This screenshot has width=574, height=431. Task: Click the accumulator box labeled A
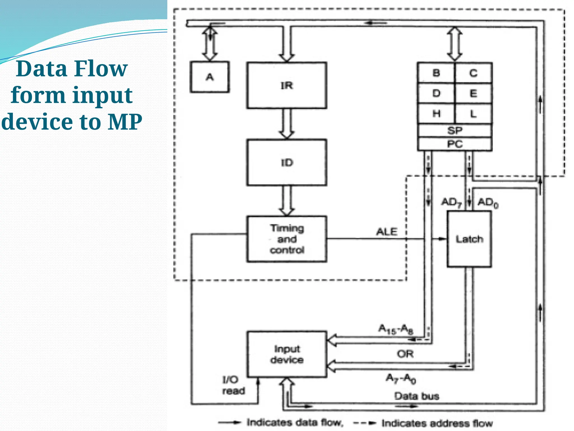click(x=210, y=77)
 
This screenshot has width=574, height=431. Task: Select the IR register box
click(x=286, y=85)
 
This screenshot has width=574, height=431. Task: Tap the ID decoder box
click(x=286, y=162)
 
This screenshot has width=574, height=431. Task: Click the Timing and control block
click(x=286, y=239)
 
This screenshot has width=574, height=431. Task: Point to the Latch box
click(x=469, y=239)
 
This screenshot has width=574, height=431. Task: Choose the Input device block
click(x=286, y=354)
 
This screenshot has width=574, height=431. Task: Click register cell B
click(x=436, y=73)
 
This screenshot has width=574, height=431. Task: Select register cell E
click(x=473, y=93)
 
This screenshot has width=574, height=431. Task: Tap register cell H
click(x=436, y=114)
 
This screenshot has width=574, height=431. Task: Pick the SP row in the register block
click(x=454, y=130)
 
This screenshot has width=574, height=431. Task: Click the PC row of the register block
click(x=454, y=144)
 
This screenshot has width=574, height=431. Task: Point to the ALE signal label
click(x=386, y=232)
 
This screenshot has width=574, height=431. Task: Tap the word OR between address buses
click(x=405, y=354)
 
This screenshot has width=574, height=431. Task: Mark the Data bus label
click(x=416, y=396)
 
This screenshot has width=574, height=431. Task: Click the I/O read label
click(x=233, y=385)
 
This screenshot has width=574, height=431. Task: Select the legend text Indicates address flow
click(x=437, y=423)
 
